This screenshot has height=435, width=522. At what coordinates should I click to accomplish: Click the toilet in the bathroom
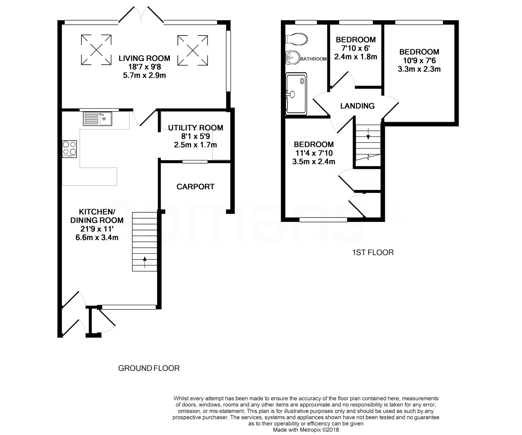[x=296, y=39]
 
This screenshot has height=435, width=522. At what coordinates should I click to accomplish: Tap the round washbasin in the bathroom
[x=293, y=58]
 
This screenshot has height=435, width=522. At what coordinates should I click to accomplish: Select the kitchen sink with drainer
[x=97, y=119]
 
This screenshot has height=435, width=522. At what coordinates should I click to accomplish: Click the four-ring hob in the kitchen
[x=70, y=149]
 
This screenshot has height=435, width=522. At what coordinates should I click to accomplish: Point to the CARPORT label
[x=196, y=187]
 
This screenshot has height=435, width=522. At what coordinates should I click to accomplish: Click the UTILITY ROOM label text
[x=196, y=128]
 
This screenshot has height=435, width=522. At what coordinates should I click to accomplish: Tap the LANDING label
[x=357, y=106]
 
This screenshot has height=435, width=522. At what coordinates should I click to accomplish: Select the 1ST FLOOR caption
[x=373, y=253]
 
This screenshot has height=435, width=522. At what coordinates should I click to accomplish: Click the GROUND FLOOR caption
[x=149, y=368]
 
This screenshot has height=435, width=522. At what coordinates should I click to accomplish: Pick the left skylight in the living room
[x=96, y=50]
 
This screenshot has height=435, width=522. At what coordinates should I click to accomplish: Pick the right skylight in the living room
[x=193, y=50]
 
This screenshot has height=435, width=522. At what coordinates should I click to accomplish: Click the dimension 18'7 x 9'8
[x=144, y=67]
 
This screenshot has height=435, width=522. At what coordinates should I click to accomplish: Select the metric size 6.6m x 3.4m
[x=97, y=237]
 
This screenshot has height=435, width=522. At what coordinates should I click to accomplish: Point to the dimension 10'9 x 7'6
[x=419, y=61]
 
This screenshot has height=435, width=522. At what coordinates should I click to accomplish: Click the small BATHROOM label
[x=314, y=59]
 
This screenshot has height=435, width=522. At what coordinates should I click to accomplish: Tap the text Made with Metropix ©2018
[x=306, y=430]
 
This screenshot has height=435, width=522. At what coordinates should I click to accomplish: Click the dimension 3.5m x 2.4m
[x=314, y=162]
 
